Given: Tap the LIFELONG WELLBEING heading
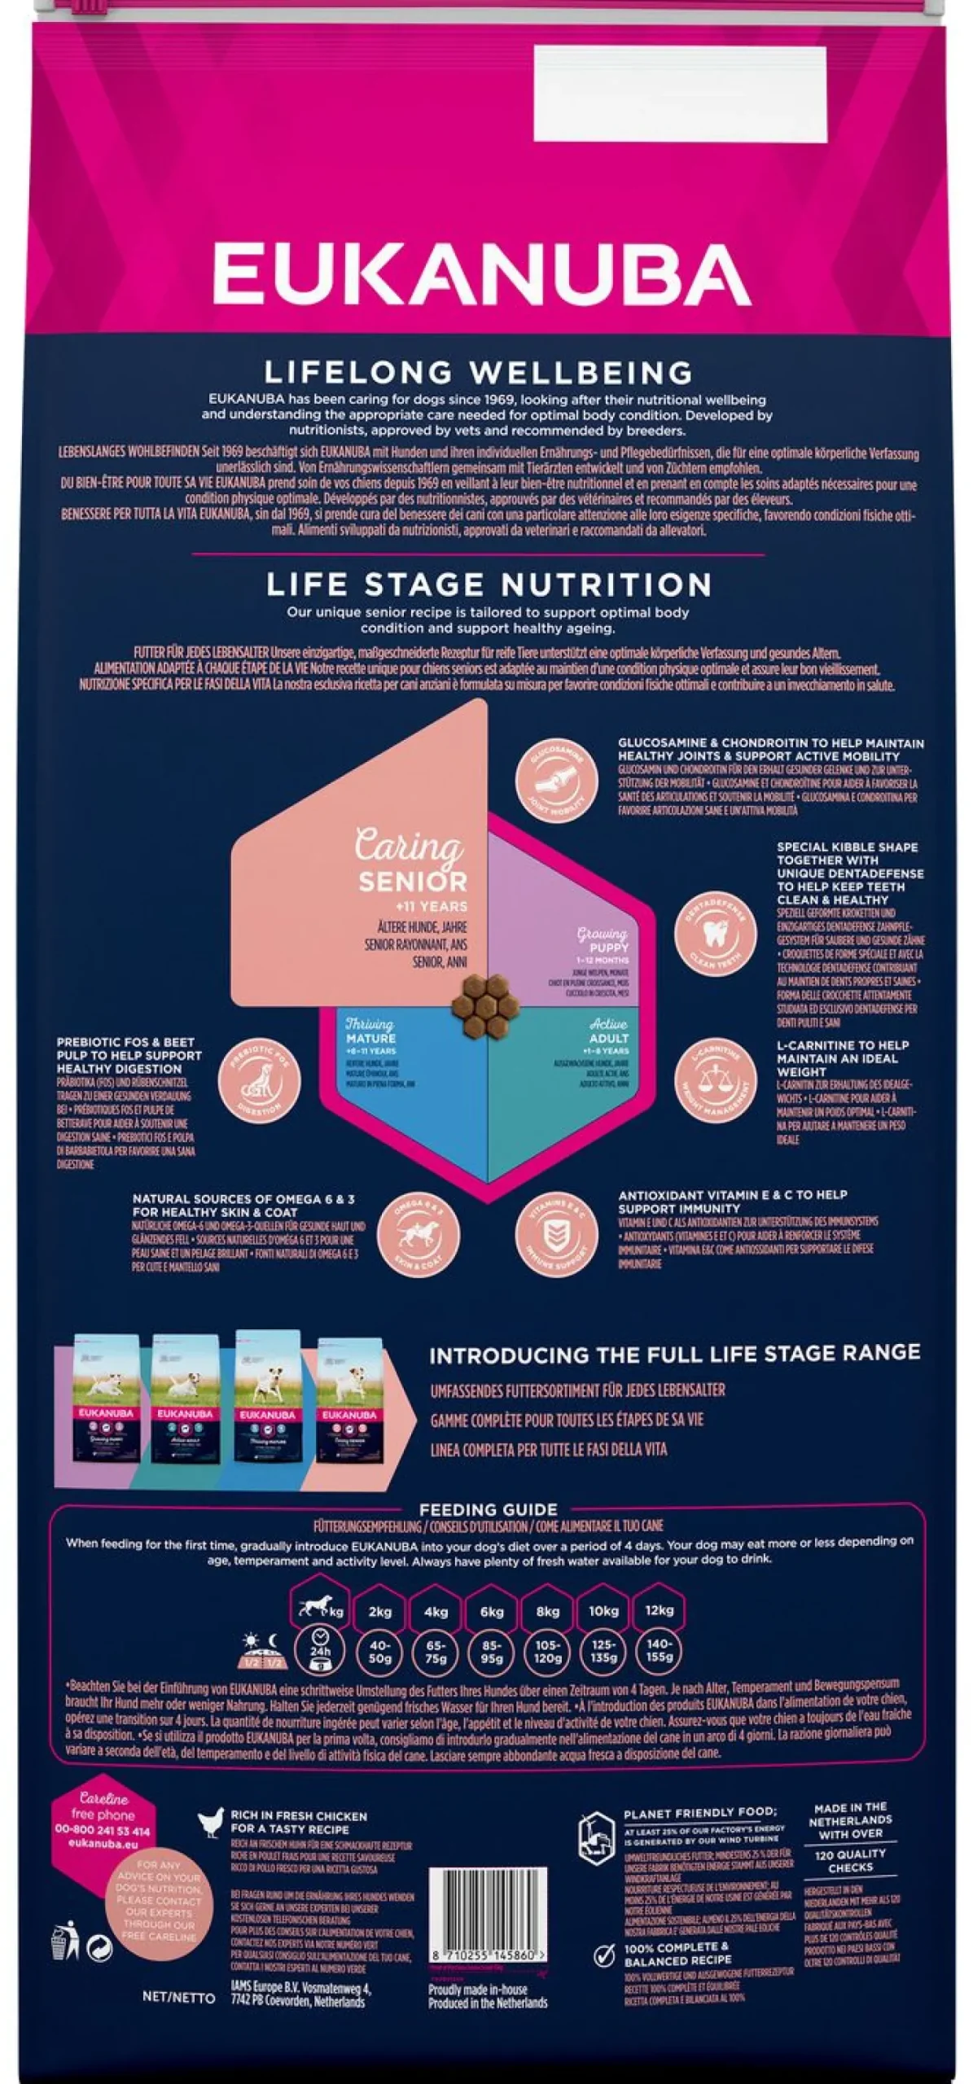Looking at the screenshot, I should [479, 374].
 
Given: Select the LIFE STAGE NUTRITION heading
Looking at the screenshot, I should [489, 584].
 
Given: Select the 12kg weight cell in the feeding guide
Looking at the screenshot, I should [659, 1610].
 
